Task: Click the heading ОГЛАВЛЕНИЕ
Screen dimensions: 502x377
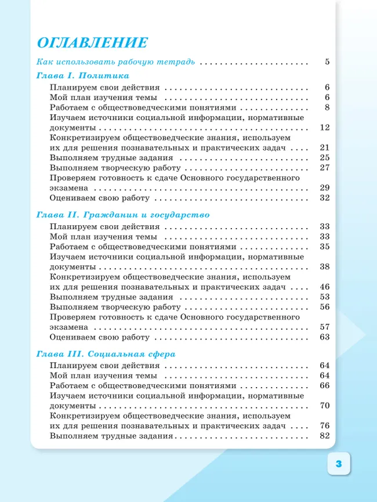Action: pyautogui.click(x=92, y=43)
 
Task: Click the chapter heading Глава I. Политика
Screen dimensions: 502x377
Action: pyautogui.click(x=82, y=76)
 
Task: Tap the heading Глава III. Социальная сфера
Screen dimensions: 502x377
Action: pyautogui.click(x=106, y=353)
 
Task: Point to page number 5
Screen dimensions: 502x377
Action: pyautogui.click(x=327, y=62)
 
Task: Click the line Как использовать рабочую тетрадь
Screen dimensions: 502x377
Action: pyautogui.click(x=115, y=62)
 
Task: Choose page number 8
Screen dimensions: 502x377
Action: pyautogui.click(x=327, y=107)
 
